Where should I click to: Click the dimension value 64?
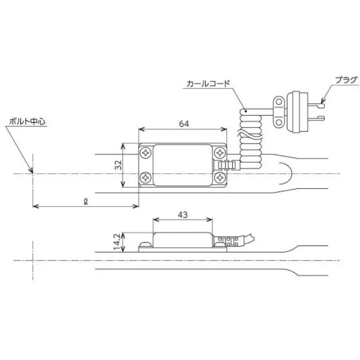coord(183,124)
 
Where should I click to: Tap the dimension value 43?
coord(182,215)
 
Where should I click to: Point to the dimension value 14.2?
coord(117,242)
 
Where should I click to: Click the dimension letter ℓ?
coord(85,201)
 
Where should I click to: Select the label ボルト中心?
coord(27,121)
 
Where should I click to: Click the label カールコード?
coord(208,84)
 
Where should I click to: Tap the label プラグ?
coord(346,80)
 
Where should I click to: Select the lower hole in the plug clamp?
coord(279,121)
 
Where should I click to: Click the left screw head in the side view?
coord(145,244)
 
